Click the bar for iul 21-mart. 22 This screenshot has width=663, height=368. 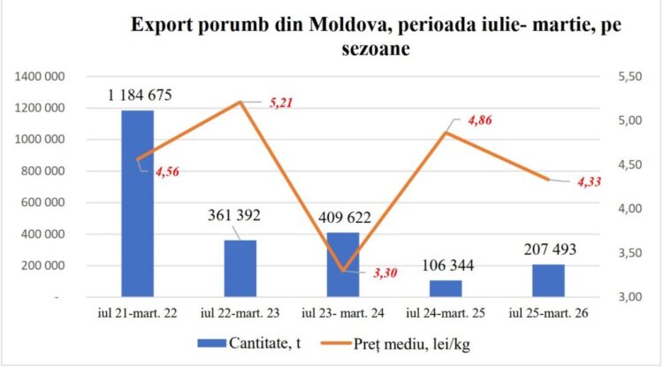pyautogui.click(x=137, y=203)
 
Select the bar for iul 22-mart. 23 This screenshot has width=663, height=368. pyautogui.click(x=240, y=268)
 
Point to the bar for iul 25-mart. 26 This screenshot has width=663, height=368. pyautogui.click(x=548, y=280)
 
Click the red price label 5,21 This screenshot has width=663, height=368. pyautogui.click(x=280, y=103)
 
